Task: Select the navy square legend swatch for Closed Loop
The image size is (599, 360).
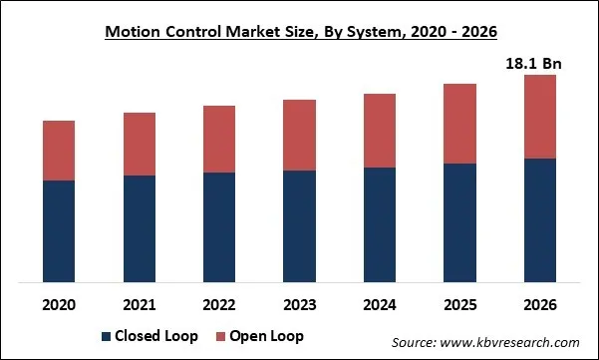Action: point(106,335)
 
